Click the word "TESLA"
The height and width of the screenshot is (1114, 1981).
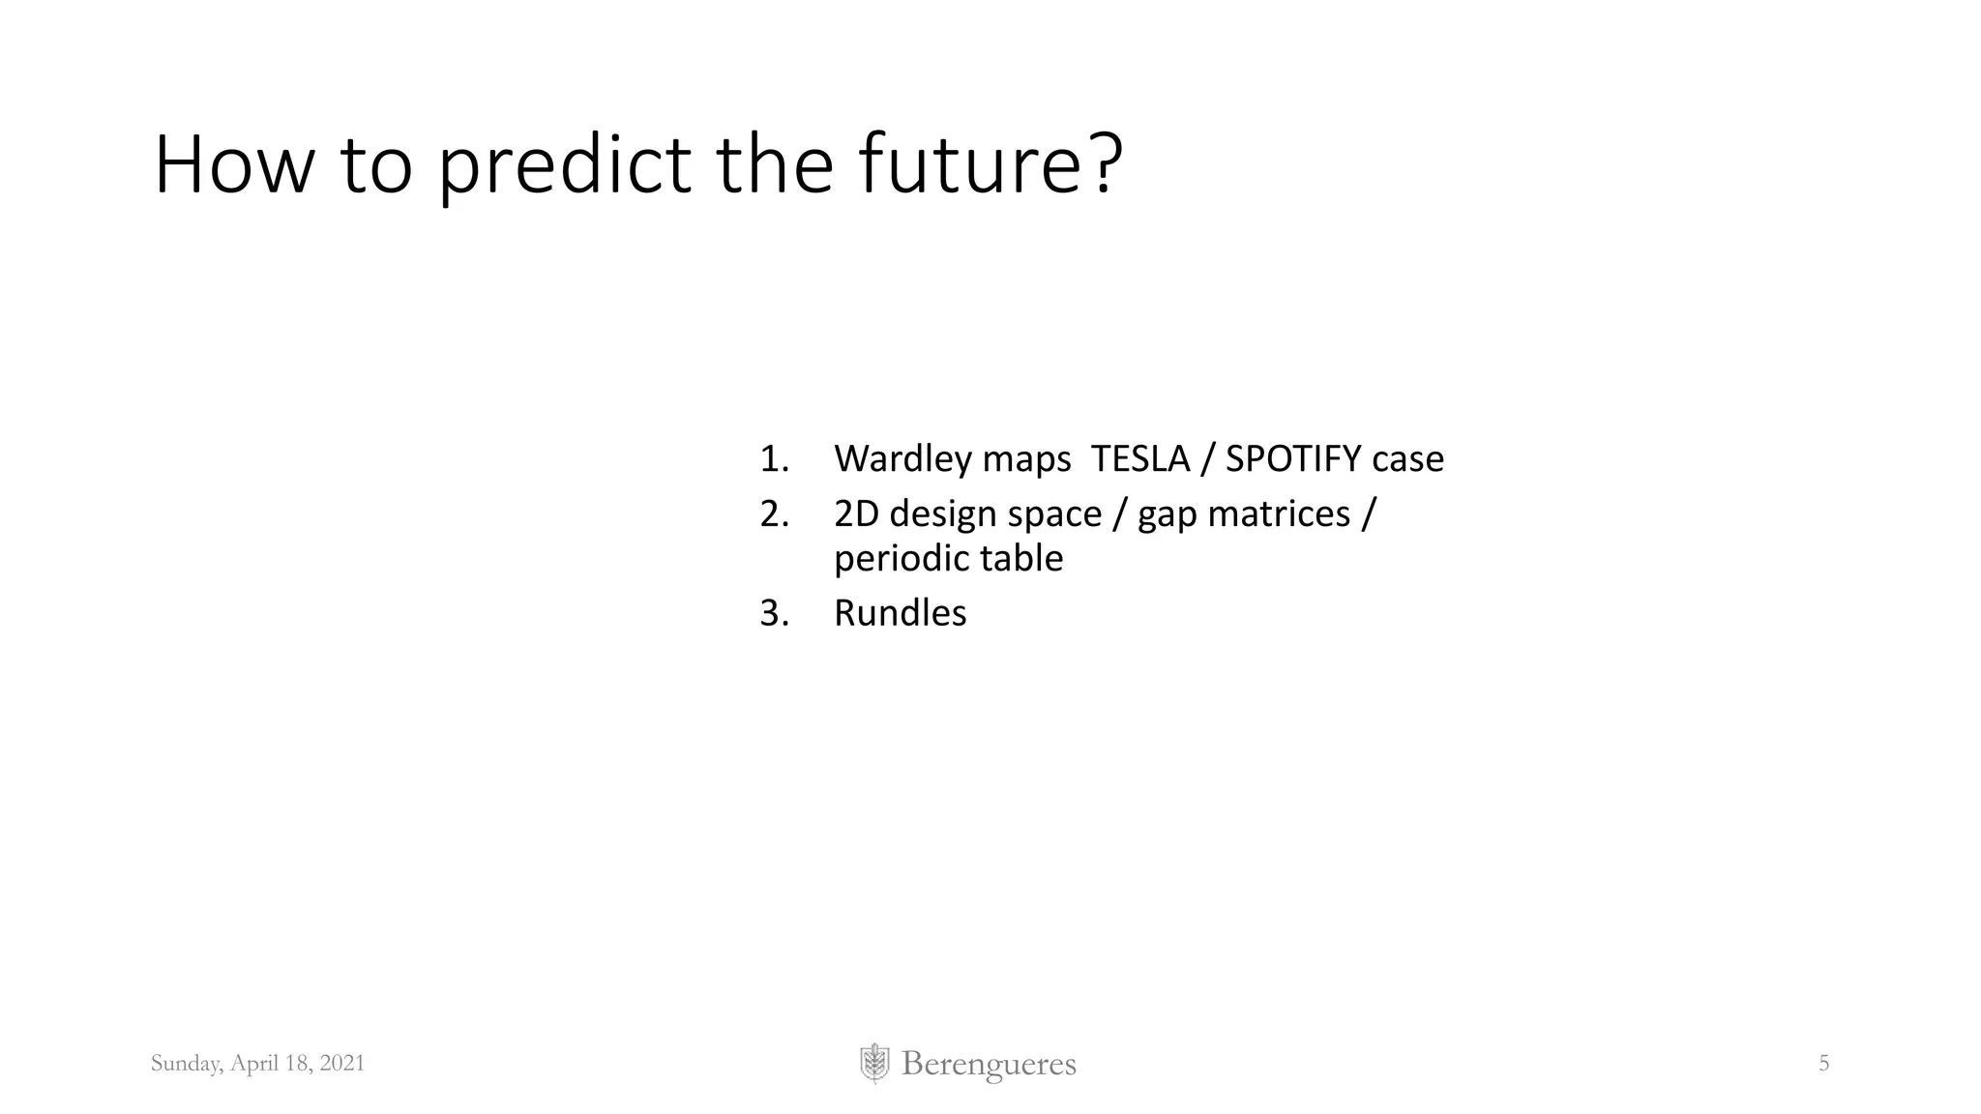(1139, 458)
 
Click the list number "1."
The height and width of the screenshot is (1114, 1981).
(774, 459)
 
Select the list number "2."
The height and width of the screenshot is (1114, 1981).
(774, 514)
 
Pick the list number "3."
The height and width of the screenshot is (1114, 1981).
(774, 613)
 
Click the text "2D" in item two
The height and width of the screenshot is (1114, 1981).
(856, 514)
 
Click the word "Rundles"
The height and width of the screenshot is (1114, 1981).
(900, 613)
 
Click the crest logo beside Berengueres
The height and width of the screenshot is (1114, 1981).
(873, 1064)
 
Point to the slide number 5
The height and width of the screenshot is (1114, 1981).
(1823, 1064)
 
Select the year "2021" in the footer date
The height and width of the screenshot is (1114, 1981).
(342, 1064)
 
